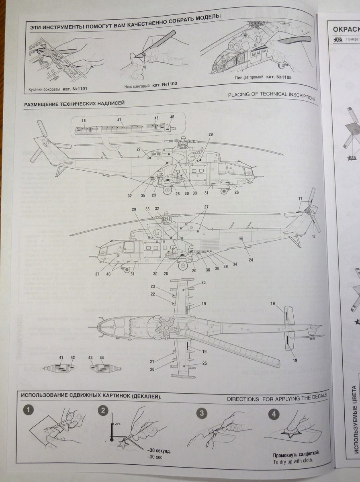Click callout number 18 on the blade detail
pyautogui.click(x=84, y=121)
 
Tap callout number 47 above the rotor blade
pyautogui.click(x=119, y=120)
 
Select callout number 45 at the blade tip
pyautogui.click(x=172, y=117)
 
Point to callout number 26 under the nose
pyautogui.click(x=236, y=192)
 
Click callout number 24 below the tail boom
pyautogui.click(x=251, y=260)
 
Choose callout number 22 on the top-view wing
pyautogui.click(x=153, y=294)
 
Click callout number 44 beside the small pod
pyautogui.click(x=102, y=357)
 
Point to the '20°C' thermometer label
pyautogui.click(x=117, y=424)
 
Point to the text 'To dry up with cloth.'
pyautogui.click(x=292, y=462)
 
